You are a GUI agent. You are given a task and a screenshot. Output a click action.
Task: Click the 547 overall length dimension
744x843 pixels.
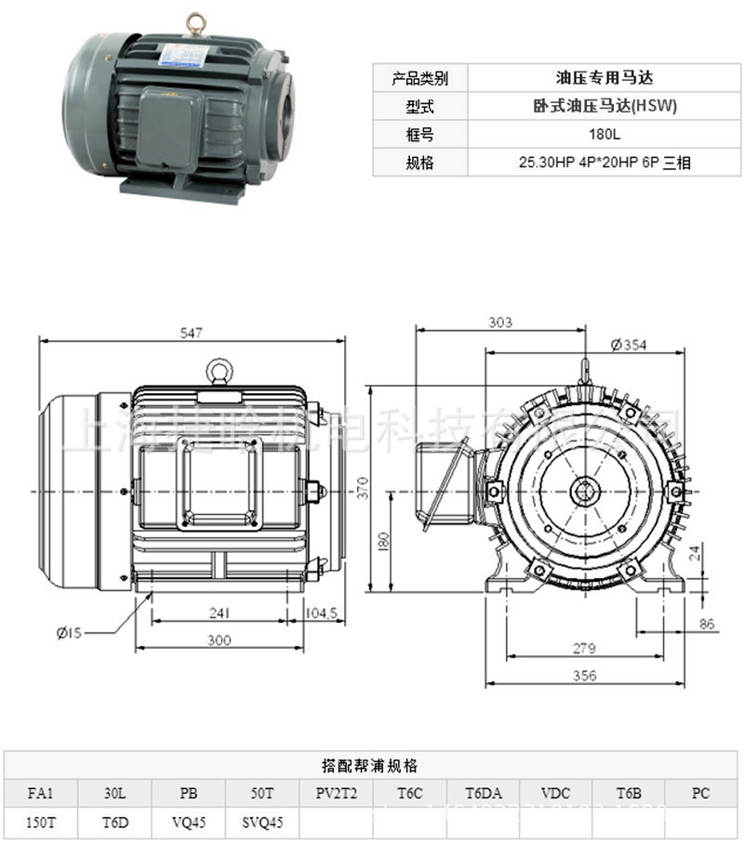click(192, 332)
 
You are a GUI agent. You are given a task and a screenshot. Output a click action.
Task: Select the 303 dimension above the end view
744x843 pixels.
click(500, 322)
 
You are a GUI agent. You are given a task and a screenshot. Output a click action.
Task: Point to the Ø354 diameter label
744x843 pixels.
click(629, 345)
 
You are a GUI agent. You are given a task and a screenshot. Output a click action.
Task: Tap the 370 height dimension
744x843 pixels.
click(364, 487)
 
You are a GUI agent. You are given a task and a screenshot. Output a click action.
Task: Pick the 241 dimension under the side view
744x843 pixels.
click(219, 613)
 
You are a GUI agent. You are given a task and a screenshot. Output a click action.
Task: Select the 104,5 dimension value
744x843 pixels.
click(325, 613)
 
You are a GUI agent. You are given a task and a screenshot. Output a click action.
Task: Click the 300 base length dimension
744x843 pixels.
click(219, 640)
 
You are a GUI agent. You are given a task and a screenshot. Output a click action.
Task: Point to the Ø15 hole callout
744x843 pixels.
click(70, 633)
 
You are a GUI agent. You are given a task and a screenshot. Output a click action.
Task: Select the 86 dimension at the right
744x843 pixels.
click(707, 625)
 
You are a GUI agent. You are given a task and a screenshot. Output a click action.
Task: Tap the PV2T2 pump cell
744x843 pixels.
click(337, 794)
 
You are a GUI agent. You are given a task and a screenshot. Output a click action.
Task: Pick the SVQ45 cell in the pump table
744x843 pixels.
click(262, 822)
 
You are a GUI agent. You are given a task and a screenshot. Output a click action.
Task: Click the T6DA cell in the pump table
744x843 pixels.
click(484, 794)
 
